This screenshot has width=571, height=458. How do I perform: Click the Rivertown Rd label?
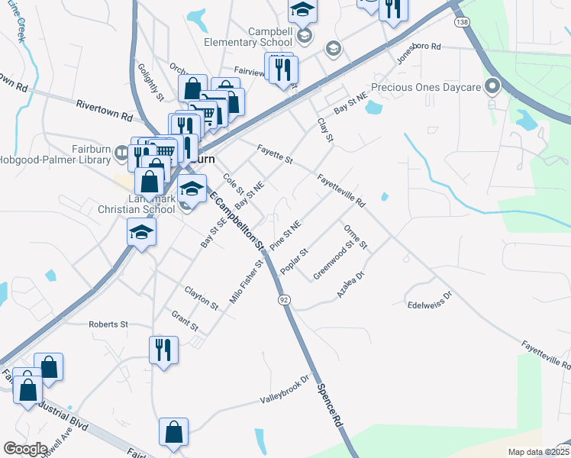click(104, 110)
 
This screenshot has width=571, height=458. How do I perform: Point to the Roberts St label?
click(108, 324)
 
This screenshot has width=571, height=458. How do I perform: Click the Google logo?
click(25, 449)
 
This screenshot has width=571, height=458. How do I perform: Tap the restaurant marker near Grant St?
click(163, 350)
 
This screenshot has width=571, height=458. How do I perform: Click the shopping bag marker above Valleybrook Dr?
click(173, 432)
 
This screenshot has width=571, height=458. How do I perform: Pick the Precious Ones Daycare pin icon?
click(492, 85)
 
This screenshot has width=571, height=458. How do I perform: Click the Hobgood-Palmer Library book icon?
click(121, 153)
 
